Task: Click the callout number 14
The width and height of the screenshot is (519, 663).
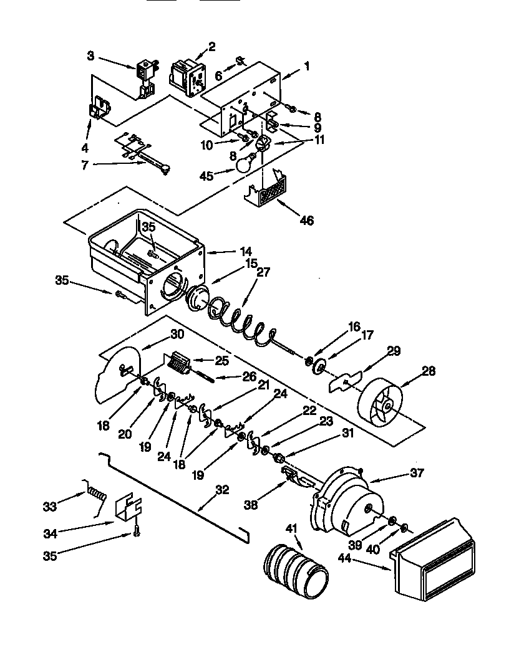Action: (231, 252)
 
